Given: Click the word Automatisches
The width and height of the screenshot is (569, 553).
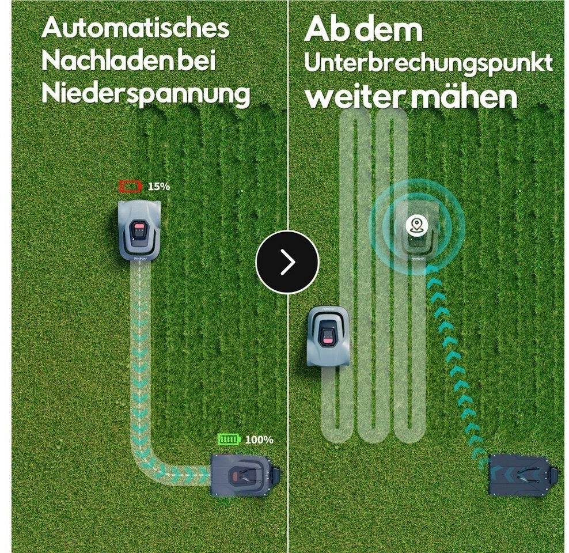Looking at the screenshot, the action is point(135,28).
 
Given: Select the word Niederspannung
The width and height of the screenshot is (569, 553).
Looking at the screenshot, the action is point(146,94).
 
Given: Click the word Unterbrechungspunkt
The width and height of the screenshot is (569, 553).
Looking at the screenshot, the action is point(428,64).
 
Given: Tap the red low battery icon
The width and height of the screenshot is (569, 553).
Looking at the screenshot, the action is point(130,187).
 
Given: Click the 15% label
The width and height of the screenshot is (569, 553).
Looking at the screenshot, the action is point(158,187).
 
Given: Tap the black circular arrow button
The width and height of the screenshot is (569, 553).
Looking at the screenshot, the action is point(287,262).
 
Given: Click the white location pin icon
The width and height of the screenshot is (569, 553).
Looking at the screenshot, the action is point(416,225).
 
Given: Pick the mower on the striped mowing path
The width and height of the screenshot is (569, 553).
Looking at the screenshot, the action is point(328,336).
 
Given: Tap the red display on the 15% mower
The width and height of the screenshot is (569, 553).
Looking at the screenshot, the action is point(139,230).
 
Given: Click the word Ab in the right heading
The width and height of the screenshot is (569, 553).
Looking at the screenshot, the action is point(326,29).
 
